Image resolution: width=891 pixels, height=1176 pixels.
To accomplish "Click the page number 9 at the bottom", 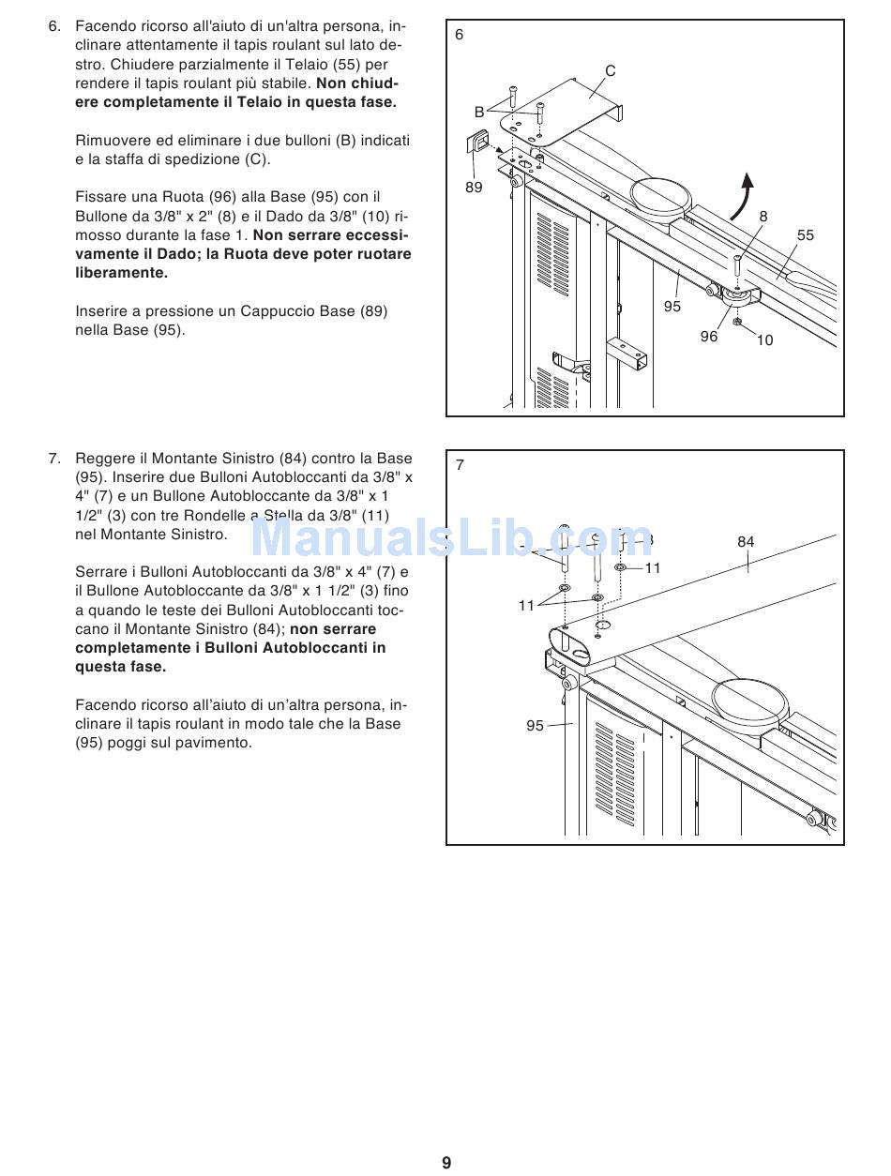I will [446, 1163].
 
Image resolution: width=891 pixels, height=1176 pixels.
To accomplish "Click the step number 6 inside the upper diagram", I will [460, 35].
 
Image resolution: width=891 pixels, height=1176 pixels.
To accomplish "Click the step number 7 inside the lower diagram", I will [460, 465].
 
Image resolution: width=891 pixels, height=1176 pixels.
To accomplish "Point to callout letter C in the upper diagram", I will [611, 70].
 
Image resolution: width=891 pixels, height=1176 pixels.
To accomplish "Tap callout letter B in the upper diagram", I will [479, 112].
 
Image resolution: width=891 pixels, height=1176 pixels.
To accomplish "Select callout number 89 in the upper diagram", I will [474, 187].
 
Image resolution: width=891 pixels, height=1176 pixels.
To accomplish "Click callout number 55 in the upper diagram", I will [806, 235].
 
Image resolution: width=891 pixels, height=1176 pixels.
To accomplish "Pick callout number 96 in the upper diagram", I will [709, 337].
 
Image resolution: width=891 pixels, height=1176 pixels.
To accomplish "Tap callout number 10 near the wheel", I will [765, 340].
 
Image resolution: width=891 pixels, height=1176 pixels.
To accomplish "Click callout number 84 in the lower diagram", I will [746, 542].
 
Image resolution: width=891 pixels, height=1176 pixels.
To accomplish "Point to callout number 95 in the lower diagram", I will [536, 726].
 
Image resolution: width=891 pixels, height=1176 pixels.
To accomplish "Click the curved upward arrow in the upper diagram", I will [744, 194].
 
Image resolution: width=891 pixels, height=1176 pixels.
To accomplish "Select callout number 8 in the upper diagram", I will [763, 217].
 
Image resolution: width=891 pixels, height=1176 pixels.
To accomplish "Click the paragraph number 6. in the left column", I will [54, 27].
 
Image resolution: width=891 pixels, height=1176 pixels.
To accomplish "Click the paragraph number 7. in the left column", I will [54, 459].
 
